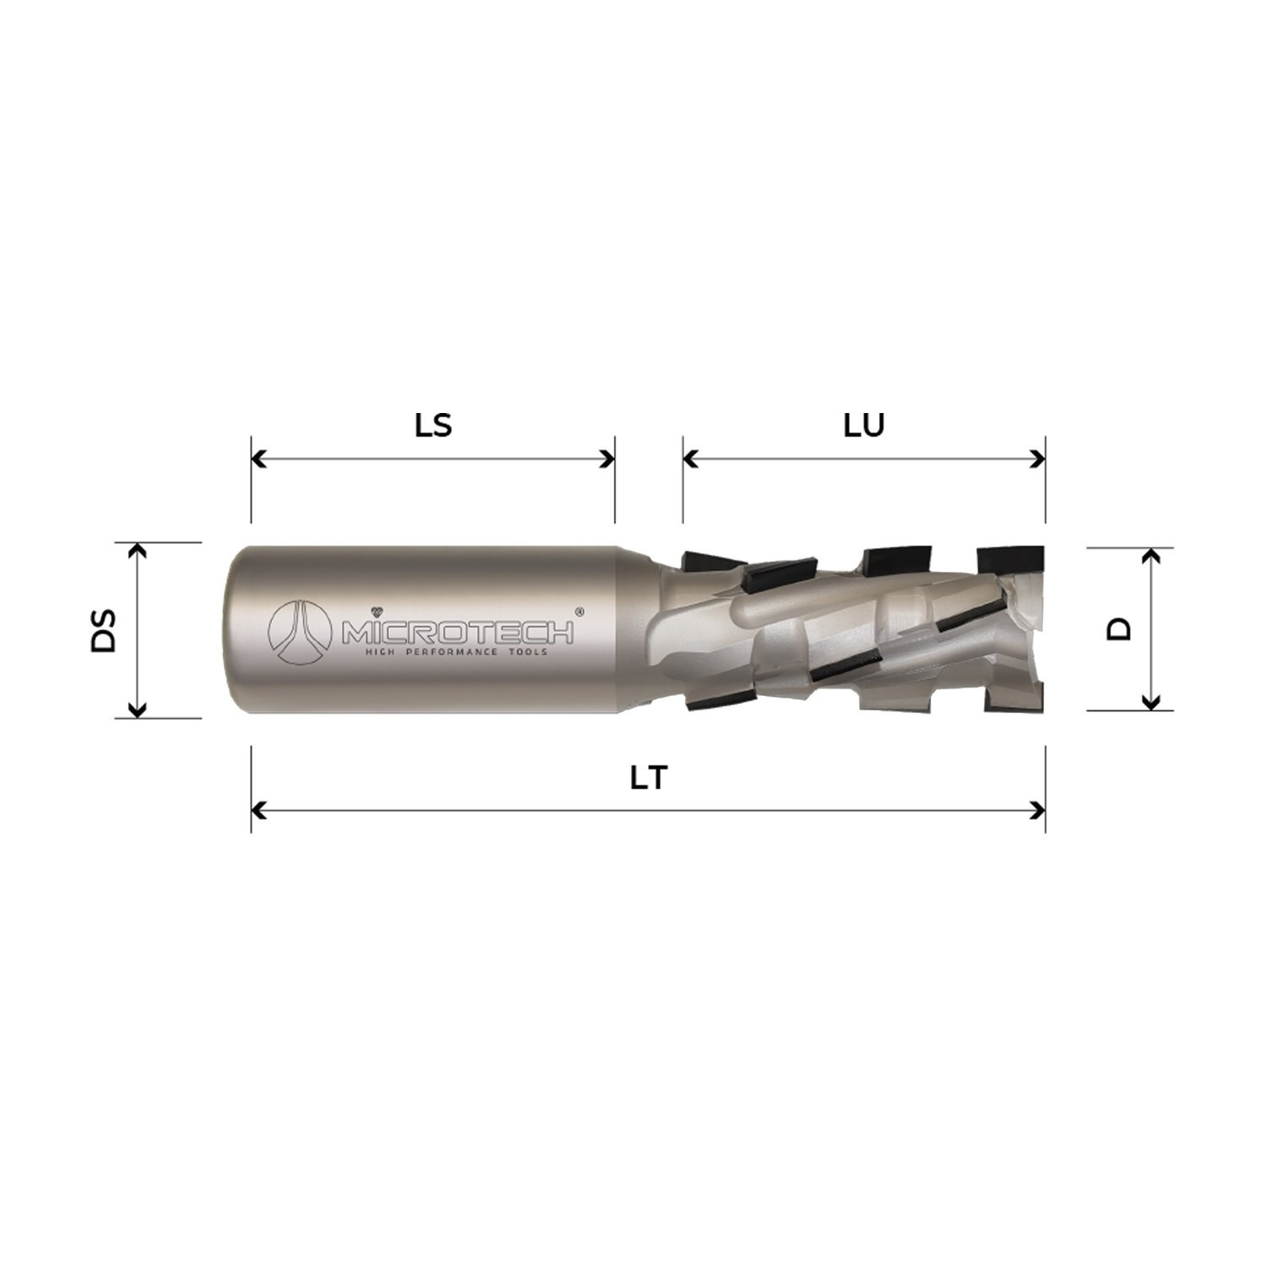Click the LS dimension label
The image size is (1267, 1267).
pyautogui.click(x=433, y=425)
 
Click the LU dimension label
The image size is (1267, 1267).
pyautogui.click(x=863, y=425)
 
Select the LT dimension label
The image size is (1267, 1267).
pyautogui.click(x=649, y=777)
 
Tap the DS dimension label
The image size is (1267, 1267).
pyautogui.click(x=103, y=630)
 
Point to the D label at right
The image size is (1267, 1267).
pyautogui.click(x=1119, y=628)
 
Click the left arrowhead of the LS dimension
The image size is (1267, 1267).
pyautogui.click(x=258, y=459)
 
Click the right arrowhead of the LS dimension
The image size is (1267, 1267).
pyautogui.click(x=607, y=459)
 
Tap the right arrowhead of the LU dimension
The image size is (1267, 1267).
pyautogui.click(x=1038, y=459)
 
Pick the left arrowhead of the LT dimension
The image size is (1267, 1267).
pyautogui.click(x=258, y=811)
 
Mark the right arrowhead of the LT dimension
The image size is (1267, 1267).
pyautogui.click(x=1038, y=811)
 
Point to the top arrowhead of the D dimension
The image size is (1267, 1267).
pyautogui.click(x=1150, y=555)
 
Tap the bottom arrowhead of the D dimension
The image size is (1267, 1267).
pyautogui.click(x=1150, y=702)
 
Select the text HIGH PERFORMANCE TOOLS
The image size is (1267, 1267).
pyautogui.click(x=455, y=652)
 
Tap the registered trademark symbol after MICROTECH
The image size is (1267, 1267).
pyautogui.click(x=579, y=611)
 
